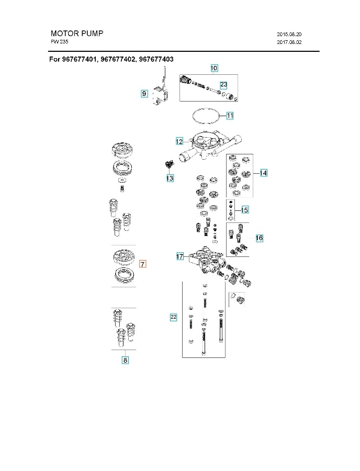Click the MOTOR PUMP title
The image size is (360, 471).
(x=77, y=33)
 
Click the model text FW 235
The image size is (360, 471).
(x=59, y=41)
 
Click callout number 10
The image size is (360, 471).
(x=214, y=68)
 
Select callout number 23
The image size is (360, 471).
(x=223, y=84)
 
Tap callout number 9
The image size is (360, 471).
(x=144, y=94)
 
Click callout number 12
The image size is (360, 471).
(x=179, y=141)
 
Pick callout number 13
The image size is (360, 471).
(x=170, y=178)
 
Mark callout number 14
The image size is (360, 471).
(x=263, y=173)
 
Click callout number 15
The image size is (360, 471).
(x=244, y=210)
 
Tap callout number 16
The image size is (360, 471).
(x=259, y=238)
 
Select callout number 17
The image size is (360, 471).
(x=180, y=256)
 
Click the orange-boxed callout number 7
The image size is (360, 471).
(x=143, y=265)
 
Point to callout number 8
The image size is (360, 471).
(x=125, y=360)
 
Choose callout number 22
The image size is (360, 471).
(x=174, y=317)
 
